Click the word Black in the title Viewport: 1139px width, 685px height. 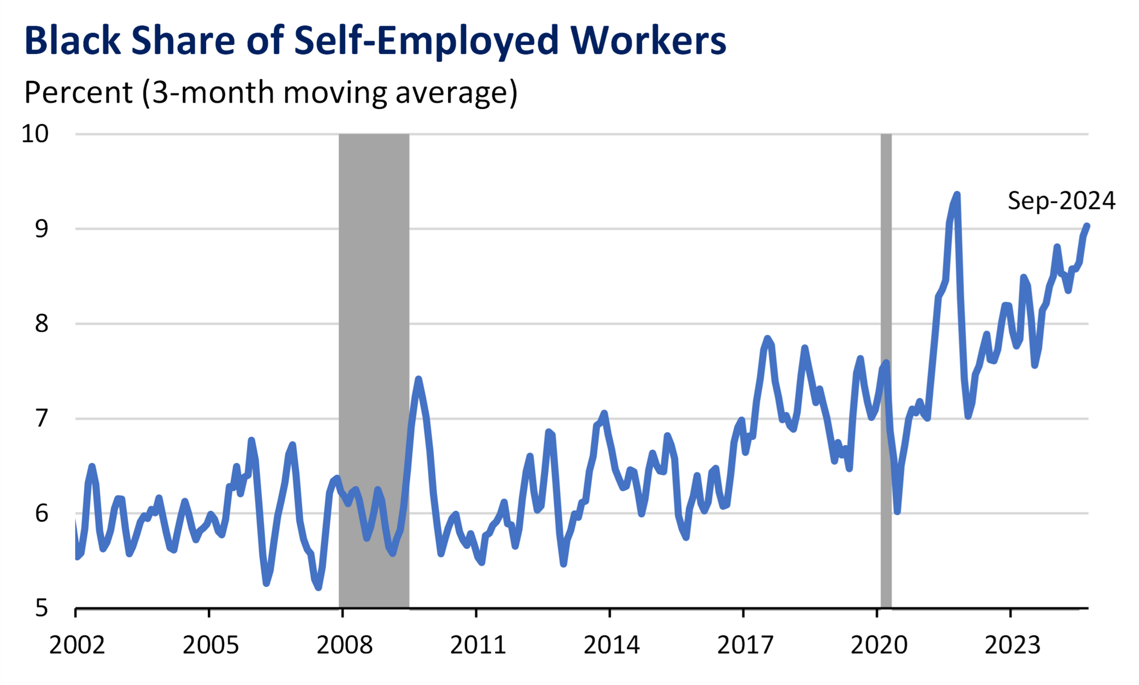tap(72, 41)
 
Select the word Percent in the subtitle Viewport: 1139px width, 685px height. tap(78, 92)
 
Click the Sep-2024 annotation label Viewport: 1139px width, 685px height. tap(1061, 200)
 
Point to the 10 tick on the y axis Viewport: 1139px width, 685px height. tap(35, 134)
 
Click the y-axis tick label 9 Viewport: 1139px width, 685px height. tap(42, 229)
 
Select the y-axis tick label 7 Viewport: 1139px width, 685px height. tap(42, 419)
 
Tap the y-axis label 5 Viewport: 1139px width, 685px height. tap(42, 608)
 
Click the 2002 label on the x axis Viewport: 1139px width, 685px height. tap(77, 645)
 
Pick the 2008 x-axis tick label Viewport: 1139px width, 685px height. tap(344, 645)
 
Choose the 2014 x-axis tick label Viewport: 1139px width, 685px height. tap(611, 645)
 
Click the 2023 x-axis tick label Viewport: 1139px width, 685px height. tap(1012, 645)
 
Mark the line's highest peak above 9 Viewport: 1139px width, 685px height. tap(957, 195)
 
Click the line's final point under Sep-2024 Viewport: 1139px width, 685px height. tap(1087, 226)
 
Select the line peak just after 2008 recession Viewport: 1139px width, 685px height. tap(418, 379)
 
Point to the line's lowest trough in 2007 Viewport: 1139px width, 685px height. tap(318, 587)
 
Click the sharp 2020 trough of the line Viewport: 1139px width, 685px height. tap(897, 511)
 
